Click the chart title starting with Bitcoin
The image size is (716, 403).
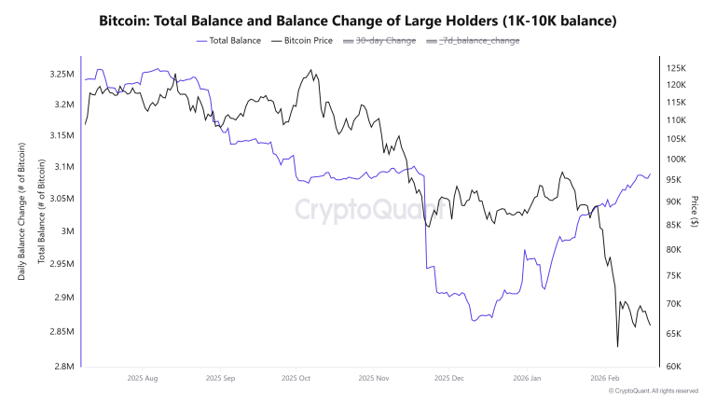[358, 20]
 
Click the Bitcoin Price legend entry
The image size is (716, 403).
[303, 40]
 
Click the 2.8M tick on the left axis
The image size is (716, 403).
[62, 366]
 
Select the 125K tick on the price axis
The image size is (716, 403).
[675, 68]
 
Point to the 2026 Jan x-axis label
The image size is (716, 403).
[528, 379]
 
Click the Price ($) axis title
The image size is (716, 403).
[695, 215]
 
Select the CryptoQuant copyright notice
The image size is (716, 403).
[653, 391]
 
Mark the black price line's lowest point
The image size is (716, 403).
[617, 347]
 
